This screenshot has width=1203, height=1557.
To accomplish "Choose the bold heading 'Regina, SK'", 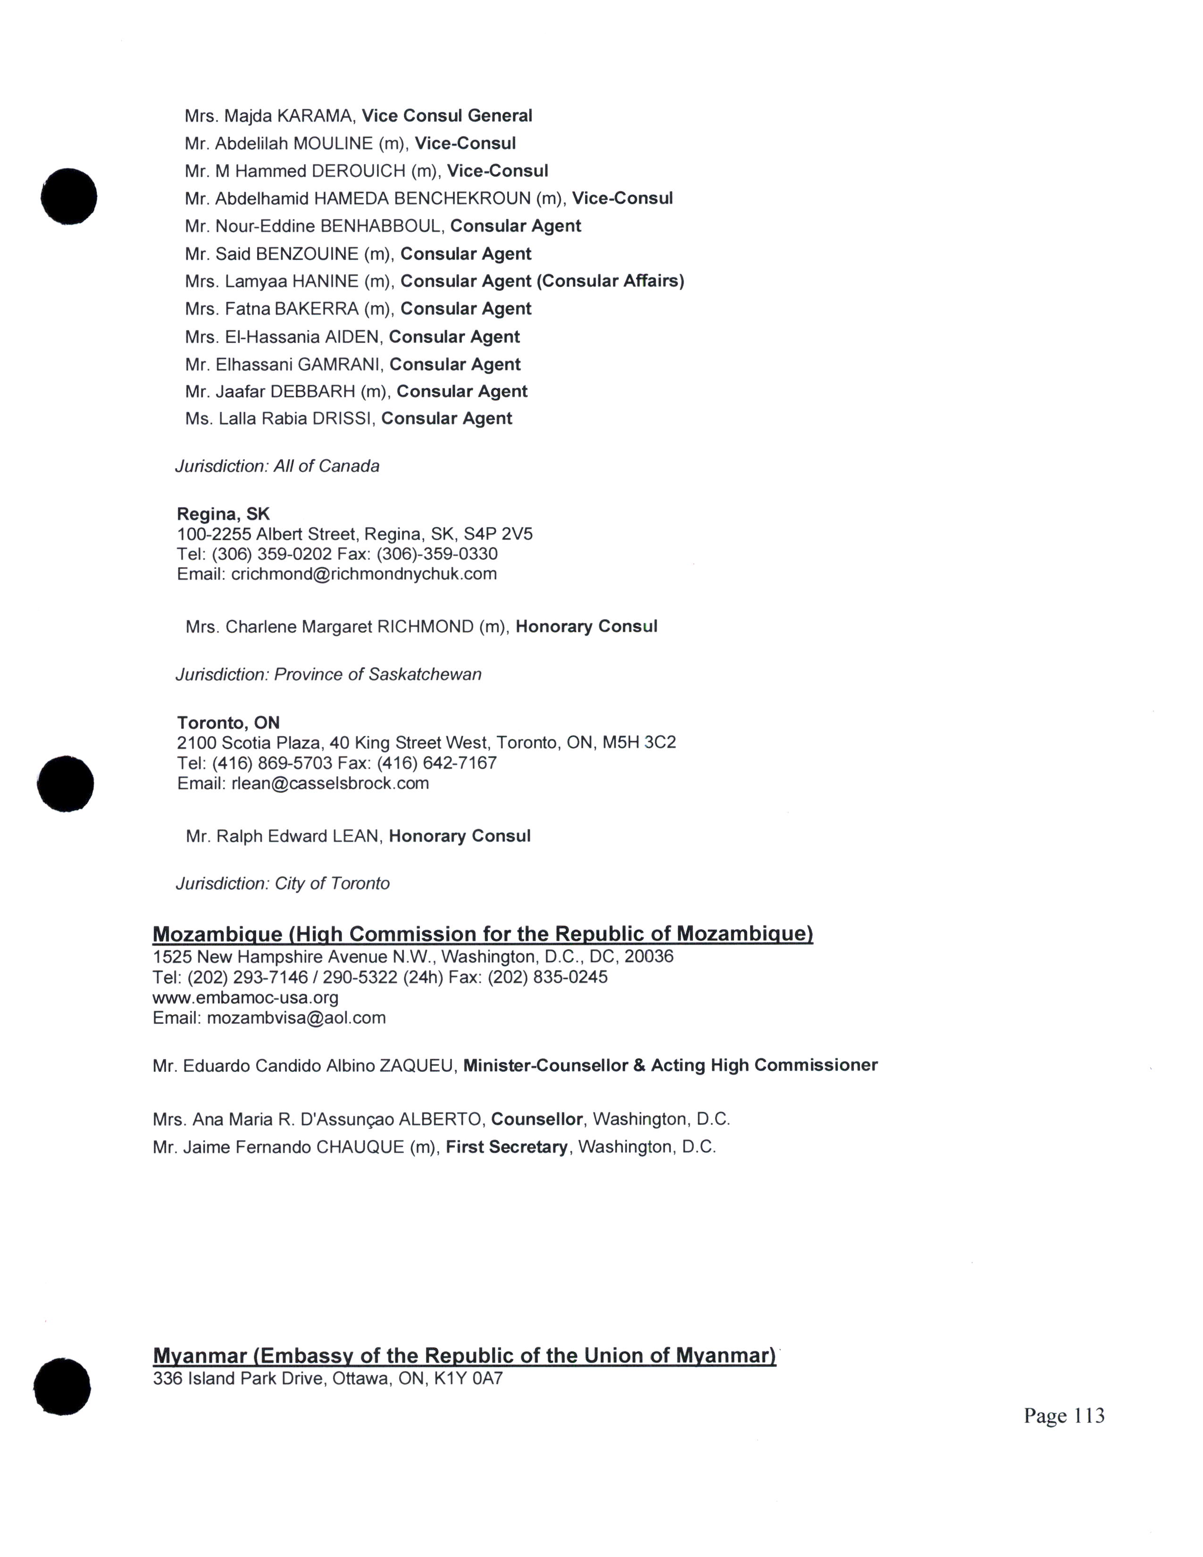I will click(x=223, y=513).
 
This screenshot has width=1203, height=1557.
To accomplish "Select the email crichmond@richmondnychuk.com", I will click(x=363, y=574).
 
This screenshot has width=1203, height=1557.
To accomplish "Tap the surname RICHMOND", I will click(x=425, y=627).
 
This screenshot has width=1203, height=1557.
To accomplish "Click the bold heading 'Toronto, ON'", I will click(x=228, y=722).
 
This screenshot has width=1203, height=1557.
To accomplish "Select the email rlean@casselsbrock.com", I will click(x=330, y=784).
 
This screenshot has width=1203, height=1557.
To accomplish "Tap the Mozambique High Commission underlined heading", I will click(x=483, y=934).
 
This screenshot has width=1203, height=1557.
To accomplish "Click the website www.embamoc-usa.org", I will click(x=245, y=997).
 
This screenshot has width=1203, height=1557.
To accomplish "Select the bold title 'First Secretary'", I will click(x=507, y=1147).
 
